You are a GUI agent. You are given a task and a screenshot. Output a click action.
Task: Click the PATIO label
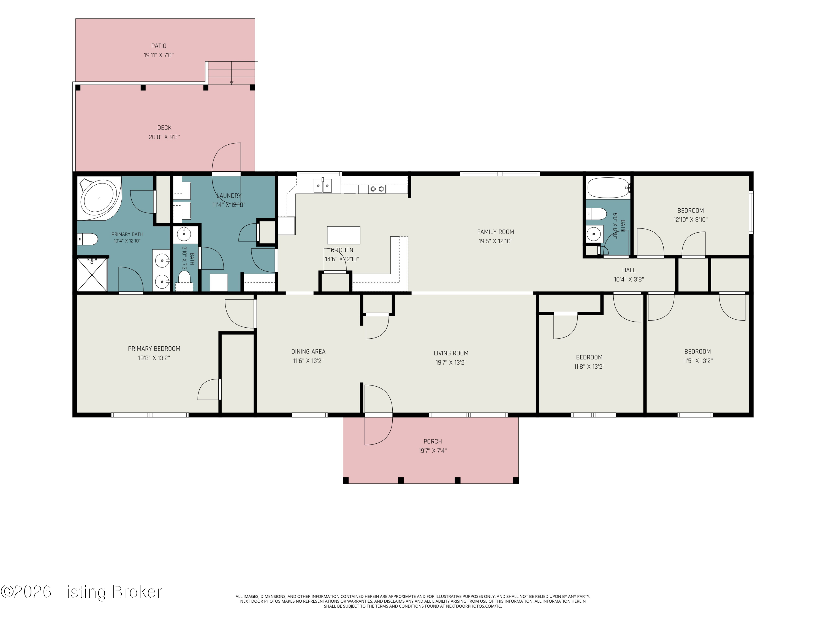(x=159, y=46)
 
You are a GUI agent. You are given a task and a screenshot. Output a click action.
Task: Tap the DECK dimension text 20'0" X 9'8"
(x=164, y=137)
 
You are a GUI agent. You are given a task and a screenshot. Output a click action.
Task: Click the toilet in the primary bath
(x=88, y=239)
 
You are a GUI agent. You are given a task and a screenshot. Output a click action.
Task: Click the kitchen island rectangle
(x=344, y=235)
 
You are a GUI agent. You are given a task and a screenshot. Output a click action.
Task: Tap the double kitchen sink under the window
(x=323, y=185)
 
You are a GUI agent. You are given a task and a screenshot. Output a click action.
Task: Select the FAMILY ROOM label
(x=496, y=232)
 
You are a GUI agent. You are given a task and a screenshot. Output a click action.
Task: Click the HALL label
(x=629, y=270)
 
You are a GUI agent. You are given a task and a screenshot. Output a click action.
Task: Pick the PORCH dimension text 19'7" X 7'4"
(x=433, y=451)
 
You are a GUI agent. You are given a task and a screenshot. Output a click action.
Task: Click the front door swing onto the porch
(x=379, y=415)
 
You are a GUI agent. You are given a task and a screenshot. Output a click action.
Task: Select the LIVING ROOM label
(x=451, y=353)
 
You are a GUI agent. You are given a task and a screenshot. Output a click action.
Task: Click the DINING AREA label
(x=308, y=352)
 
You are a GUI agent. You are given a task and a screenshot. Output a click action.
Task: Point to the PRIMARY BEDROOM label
(x=154, y=349)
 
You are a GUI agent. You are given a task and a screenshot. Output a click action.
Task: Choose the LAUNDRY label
(x=229, y=196)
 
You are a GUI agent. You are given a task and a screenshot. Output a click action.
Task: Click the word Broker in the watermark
(x=137, y=592)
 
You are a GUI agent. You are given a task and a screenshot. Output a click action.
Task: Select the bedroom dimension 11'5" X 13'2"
(x=697, y=361)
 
